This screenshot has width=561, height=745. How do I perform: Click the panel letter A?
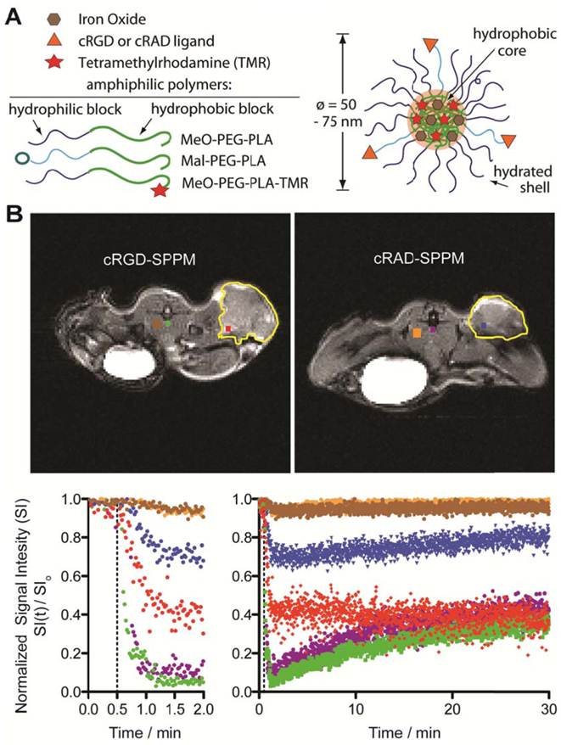pyautogui.click(x=14, y=15)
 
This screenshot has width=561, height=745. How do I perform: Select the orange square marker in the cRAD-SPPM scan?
pyautogui.click(x=418, y=334)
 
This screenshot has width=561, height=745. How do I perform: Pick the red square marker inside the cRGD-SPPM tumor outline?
pyautogui.click(x=228, y=328)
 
